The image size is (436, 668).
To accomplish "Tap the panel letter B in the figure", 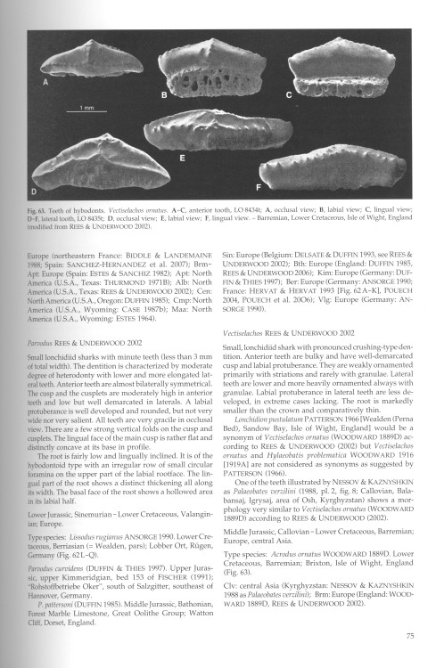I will point(163,94).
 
